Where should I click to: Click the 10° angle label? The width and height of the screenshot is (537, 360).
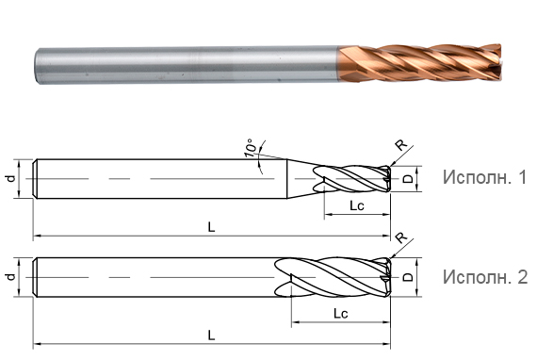(x=250, y=150)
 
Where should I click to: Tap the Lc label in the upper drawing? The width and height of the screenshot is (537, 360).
(x=357, y=206)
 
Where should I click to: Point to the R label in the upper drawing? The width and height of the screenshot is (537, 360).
(x=400, y=145)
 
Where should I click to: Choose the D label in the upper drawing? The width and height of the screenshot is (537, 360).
(x=407, y=178)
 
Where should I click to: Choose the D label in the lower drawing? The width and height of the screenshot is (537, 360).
(x=407, y=277)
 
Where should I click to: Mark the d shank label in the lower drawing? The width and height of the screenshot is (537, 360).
(x=10, y=277)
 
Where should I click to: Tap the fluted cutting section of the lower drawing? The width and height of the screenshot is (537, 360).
(x=334, y=277)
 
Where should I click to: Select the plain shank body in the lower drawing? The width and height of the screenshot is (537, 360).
(x=151, y=277)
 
